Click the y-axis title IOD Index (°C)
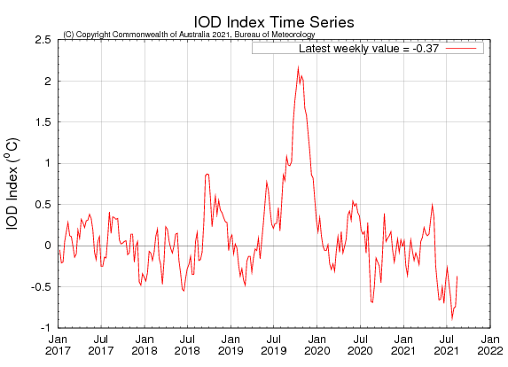point(13,183)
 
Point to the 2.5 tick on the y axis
point(42,40)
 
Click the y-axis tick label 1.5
point(42,122)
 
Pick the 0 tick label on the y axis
point(46,246)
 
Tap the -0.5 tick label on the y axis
point(39,286)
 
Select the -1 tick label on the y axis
point(44,327)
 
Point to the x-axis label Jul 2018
point(187,346)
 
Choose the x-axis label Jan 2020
point(317,346)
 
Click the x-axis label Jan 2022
point(490,346)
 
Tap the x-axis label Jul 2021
point(447,346)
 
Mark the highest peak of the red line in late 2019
point(298,66)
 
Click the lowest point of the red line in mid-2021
point(452,318)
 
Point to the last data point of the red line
point(457,276)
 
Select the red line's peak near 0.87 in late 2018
point(207,174)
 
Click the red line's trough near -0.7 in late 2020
point(372,302)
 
